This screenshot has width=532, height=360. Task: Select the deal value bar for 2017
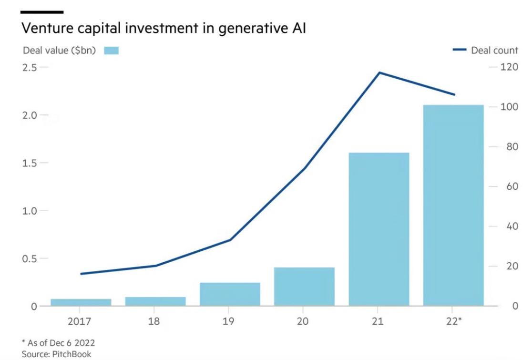pos(81,302)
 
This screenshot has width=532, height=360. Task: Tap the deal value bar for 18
pos(155,301)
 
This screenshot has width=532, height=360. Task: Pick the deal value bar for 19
pos(230,294)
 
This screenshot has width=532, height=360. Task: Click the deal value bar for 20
pos(304,287)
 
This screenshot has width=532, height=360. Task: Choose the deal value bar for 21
pos(379,229)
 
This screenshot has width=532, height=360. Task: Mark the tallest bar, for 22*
pos(453,206)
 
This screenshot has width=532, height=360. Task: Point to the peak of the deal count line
pos(379,72)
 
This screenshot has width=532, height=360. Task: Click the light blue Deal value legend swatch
pos(112,51)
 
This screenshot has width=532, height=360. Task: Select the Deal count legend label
pos(494,51)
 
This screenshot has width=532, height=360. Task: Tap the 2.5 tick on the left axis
pos(30,67)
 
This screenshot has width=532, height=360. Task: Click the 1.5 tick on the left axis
pos(30,163)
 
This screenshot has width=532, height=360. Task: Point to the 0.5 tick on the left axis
pos(30,258)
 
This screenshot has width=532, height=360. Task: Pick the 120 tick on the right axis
pos(509,67)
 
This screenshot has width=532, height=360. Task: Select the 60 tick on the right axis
pos(506,186)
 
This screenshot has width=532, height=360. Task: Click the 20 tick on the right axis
pos(506,266)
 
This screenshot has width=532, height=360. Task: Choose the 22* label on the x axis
pos(453,321)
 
